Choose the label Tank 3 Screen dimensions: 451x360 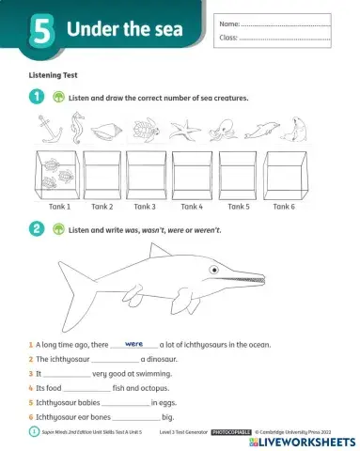tap(145, 206)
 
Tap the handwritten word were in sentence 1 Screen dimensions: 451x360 tap(133, 344)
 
